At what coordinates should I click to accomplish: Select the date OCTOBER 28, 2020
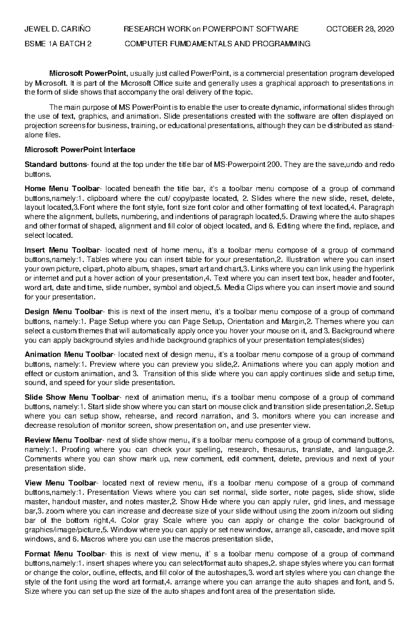click(360, 29)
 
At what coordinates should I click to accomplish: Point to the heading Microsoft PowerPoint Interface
click(80, 150)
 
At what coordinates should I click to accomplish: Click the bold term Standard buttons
click(56, 164)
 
